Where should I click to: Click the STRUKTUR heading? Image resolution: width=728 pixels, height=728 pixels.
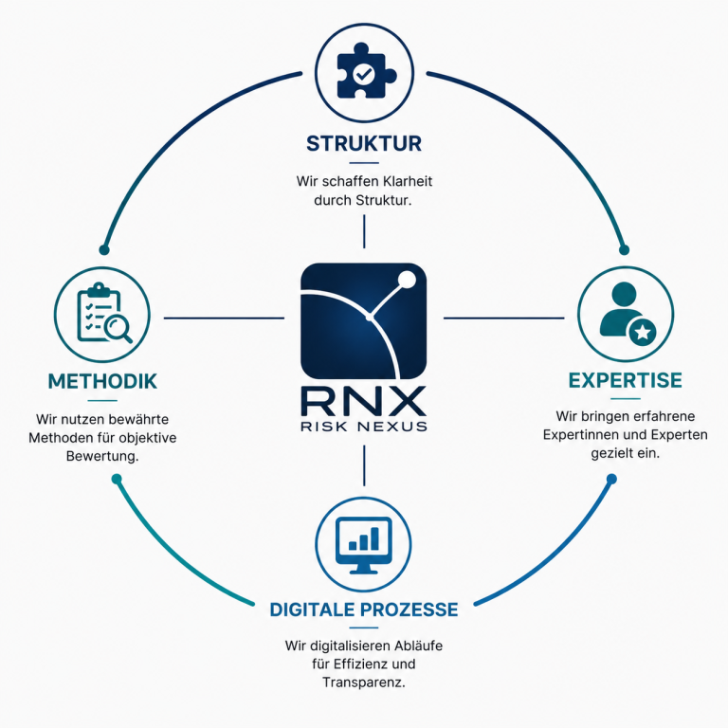tap(364, 143)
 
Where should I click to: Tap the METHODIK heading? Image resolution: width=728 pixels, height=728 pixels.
tap(102, 381)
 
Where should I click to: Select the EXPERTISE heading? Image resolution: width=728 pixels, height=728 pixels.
tap(626, 380)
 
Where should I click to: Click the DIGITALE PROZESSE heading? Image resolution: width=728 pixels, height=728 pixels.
tap(364, 610)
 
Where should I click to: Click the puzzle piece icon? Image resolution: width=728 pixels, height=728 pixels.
tap(365, 71)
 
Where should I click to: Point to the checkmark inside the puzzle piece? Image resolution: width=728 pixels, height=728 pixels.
tap(364, 74)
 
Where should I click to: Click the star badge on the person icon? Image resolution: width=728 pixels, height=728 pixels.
tap(643, 332)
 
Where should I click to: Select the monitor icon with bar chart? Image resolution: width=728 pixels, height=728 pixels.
tap(364, 545)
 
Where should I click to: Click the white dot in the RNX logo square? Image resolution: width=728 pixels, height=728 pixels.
tap(408, 279)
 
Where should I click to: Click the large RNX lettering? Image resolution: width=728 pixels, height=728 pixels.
tap(364, 401)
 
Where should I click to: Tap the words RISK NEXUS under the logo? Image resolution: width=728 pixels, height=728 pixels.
tap(364, 427)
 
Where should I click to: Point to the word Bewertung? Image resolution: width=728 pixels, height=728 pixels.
tap(102, 456)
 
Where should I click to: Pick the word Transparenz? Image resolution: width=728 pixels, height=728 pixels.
tap(364, 682)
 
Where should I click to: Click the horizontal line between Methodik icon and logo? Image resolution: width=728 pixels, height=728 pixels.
tap(225, 318)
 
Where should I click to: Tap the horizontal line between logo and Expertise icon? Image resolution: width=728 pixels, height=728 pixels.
tap(503, 318)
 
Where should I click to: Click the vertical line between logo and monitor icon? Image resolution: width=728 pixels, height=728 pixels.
tap(364, 465)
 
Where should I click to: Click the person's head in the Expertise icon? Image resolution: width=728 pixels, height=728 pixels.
tap(624, 294)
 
